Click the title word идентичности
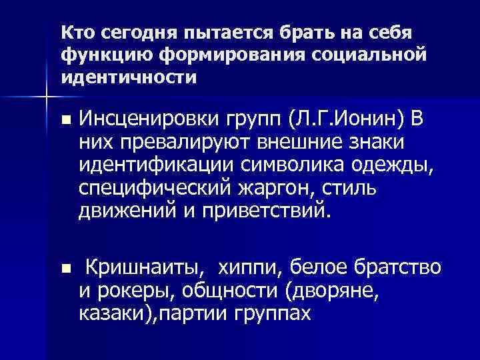pyautogui.click(x=128, y=77)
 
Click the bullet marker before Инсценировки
pyautogui.click(x=65, y=121)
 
